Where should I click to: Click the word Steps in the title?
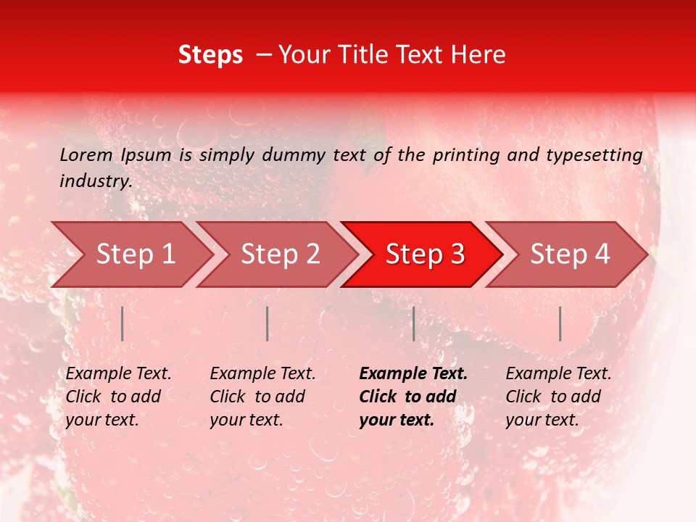210,55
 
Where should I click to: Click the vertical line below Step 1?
123,323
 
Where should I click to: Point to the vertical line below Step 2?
268,323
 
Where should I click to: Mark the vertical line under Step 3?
413,323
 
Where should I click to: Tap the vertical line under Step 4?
560,323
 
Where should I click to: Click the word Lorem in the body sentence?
86,154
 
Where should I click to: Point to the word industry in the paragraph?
95,181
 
